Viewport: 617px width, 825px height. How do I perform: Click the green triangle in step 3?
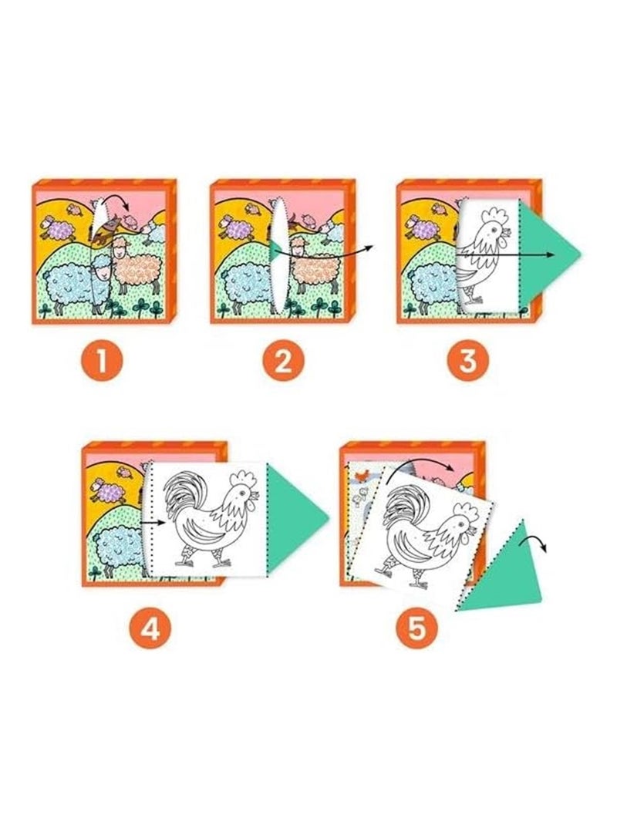pos(549,254)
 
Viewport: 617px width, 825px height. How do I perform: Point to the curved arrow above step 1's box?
pos(115,207)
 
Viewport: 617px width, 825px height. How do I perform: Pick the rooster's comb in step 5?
pos(466,510)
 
